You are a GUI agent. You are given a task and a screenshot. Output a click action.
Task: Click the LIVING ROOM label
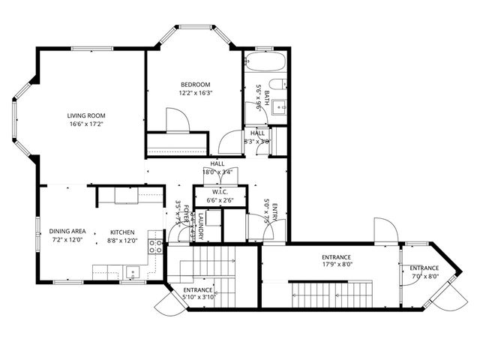[x=86, y=115]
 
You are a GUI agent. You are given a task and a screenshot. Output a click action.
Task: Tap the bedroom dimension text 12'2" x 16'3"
[x=195, y=94]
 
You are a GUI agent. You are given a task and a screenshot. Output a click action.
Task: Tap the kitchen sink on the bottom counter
[x=133, y=271]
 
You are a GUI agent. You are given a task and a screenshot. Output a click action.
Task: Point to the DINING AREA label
[x=66, y=232]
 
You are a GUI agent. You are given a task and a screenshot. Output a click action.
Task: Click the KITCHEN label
[x=122, y=232]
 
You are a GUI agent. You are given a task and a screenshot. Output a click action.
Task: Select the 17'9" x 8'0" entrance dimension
[x=337, y=264]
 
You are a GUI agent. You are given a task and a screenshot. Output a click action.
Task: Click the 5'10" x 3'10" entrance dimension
[x=199, y=297]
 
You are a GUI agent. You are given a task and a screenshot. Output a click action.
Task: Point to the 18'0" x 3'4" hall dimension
[x=217, y=171]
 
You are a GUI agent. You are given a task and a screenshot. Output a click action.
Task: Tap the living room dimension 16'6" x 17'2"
[x=86, y=124]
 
